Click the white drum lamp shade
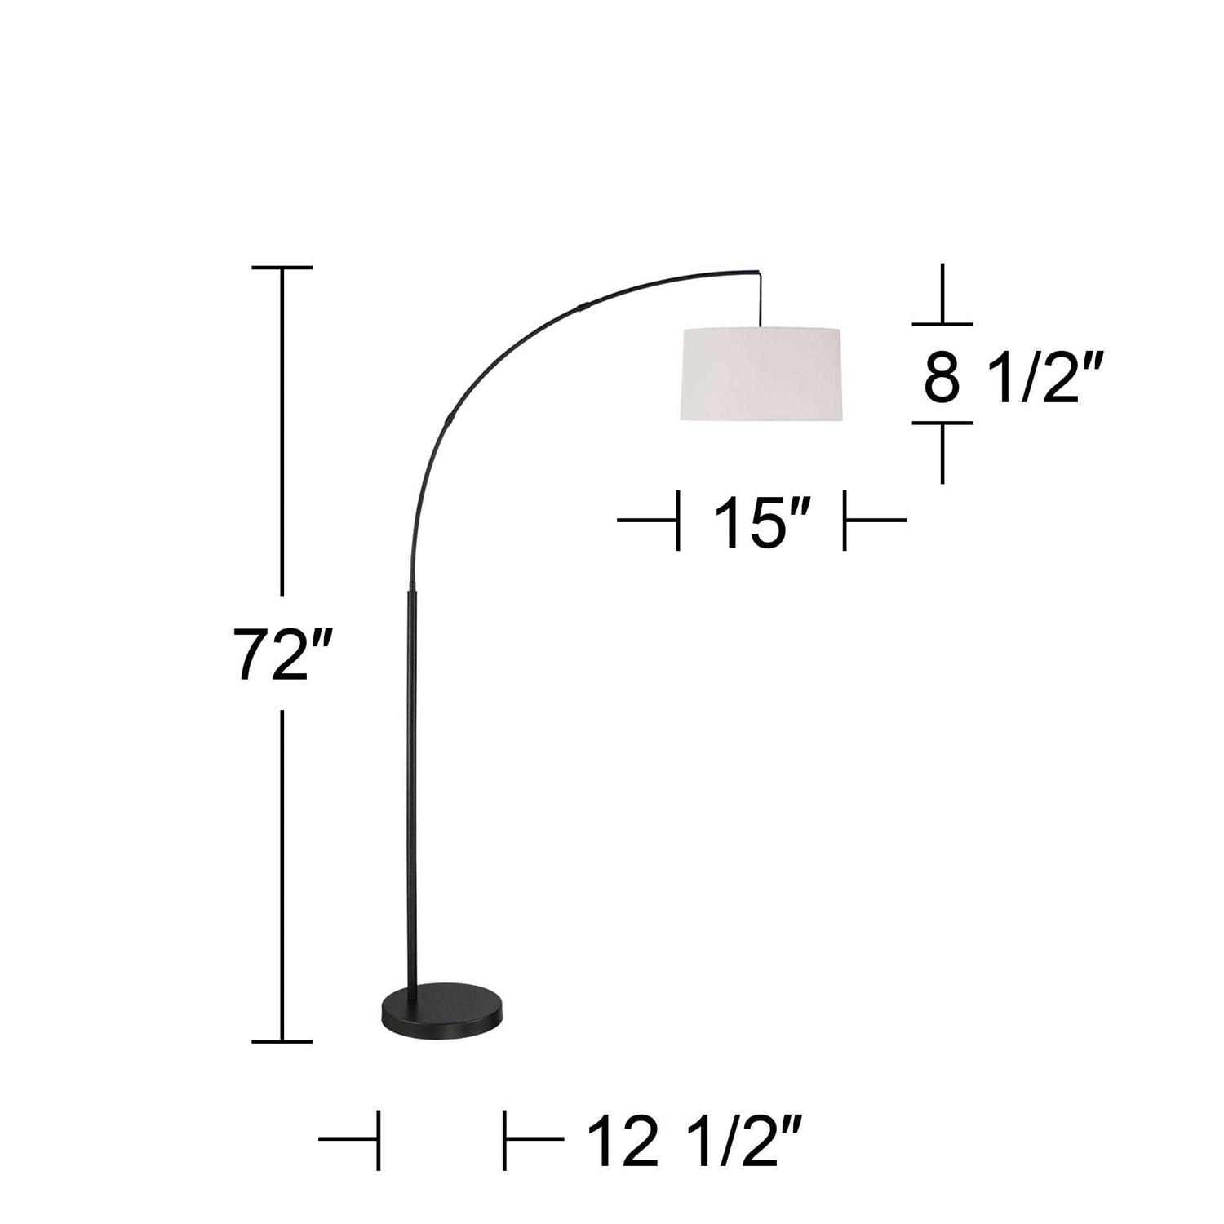pos(761,375)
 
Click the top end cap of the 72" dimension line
pos(282,268)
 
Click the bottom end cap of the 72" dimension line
pos(282,1041)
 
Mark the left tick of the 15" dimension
pos(678,520)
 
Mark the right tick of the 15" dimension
pos(845,520)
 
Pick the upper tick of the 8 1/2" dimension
pos(942,324)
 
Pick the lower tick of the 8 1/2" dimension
pos(942,424)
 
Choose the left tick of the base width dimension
pos(379,1139)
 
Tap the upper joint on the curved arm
pos(583,307)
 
